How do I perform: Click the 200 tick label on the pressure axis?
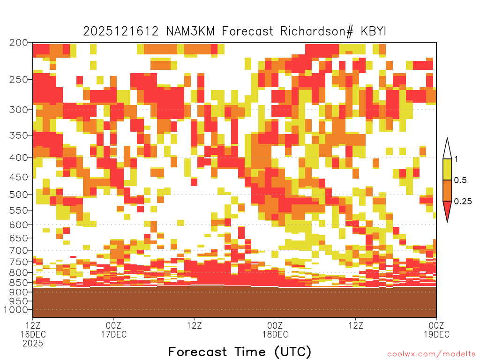18,43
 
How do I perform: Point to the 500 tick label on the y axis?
18,195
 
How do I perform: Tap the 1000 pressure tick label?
16,310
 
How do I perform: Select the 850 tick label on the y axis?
18,283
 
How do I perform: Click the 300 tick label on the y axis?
18,110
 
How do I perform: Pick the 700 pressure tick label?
18,250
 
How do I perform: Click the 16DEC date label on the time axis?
33,334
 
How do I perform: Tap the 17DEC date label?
113,334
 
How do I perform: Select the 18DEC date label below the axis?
275,334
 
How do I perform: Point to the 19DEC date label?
436,334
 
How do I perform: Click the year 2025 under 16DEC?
33,344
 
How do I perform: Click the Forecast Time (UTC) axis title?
240,352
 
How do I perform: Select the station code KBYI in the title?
374,31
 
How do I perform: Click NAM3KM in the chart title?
190,31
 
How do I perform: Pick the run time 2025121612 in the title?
121,31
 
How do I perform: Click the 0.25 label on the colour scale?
463,202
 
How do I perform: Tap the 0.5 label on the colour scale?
460,180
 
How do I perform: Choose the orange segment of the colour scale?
447,190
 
